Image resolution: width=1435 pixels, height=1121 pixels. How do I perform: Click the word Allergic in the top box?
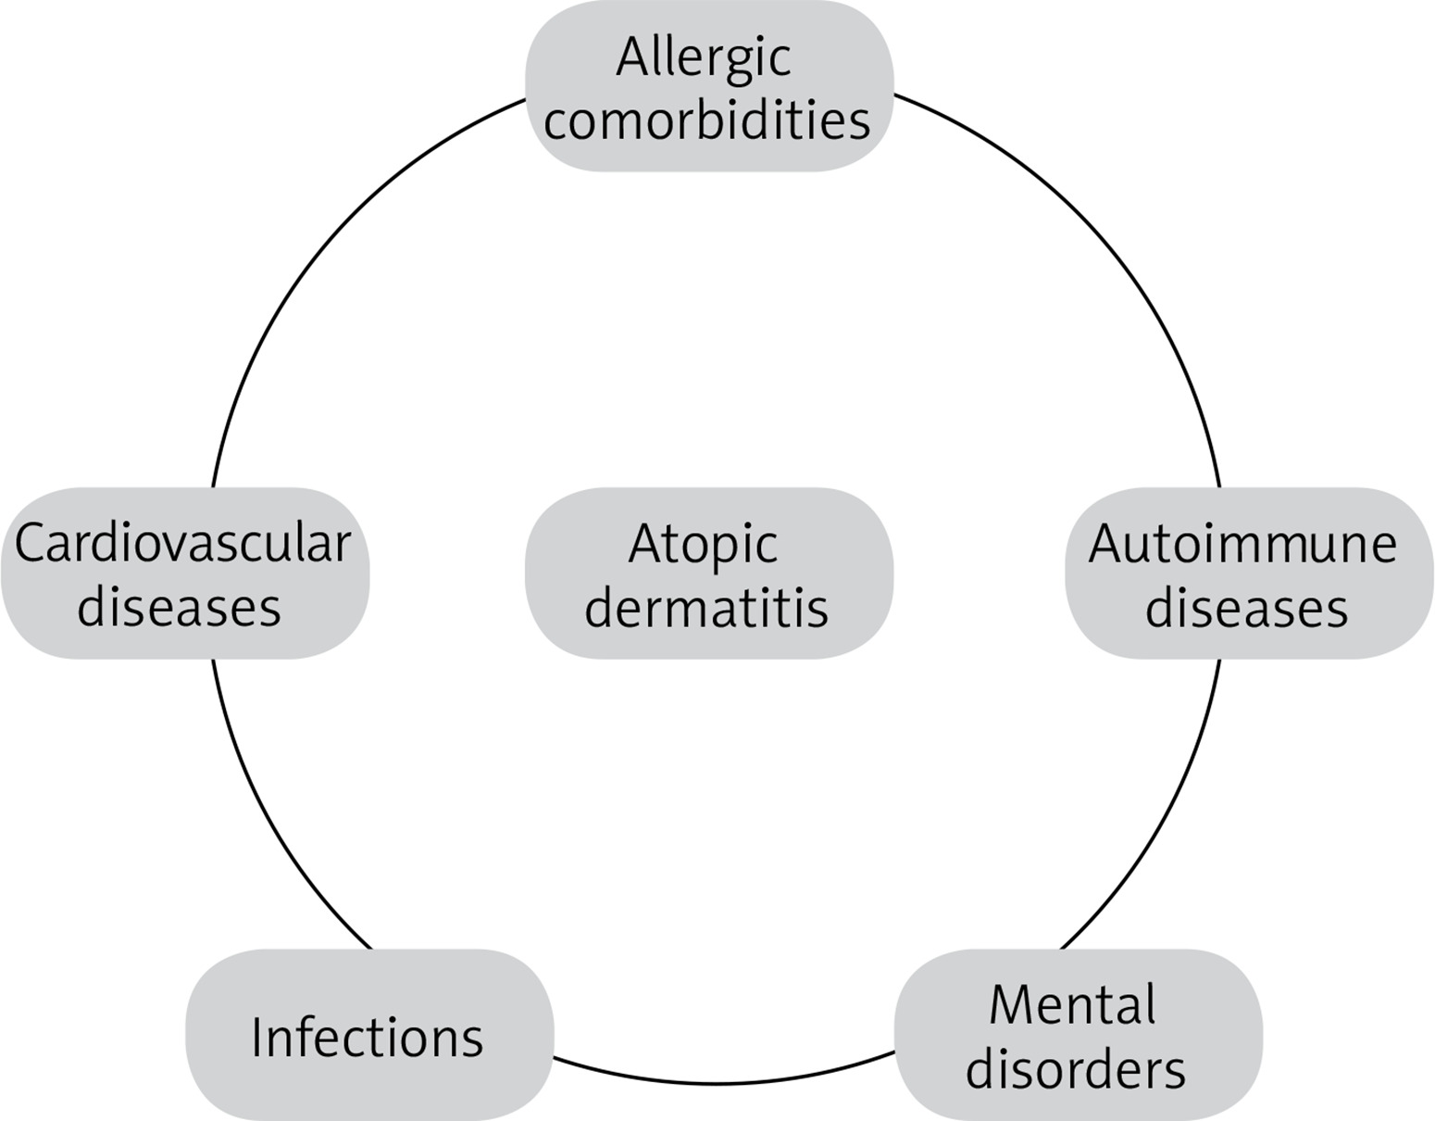[x=704, y=57]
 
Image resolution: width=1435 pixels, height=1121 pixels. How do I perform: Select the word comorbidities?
[x=707, y=121]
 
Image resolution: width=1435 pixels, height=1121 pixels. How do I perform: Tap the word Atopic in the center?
[x=703, y=544]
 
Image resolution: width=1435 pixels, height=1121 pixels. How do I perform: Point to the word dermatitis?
[x=706, y=609]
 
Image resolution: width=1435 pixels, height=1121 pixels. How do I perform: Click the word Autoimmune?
[x=1242, y=544]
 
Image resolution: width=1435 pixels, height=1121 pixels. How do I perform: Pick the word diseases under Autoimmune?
[x=1246, y=609]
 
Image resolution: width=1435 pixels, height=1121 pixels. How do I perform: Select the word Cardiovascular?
[x=183, y=544]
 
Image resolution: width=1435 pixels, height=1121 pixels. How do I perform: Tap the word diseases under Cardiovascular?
[x=179, y=609]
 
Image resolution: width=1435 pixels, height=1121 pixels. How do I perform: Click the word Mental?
[x=1072, y=1005]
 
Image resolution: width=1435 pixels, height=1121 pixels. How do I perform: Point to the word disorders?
[x=1075, y=1070]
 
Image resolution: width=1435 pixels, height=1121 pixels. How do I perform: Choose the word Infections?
[x=368, y=1038]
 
